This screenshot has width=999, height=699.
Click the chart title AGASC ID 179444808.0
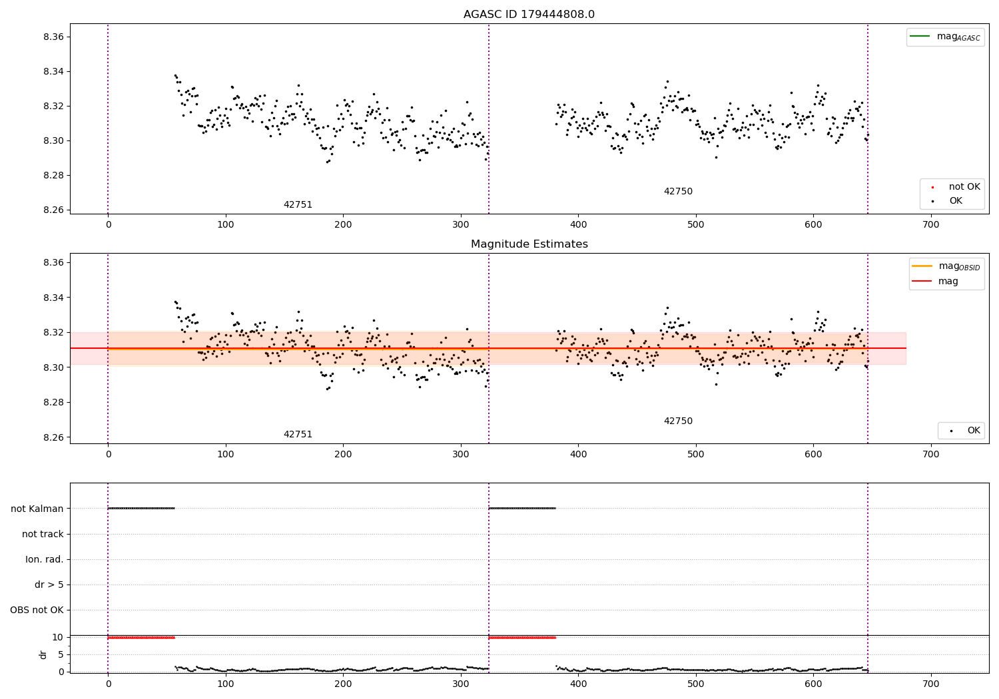coord(529,15)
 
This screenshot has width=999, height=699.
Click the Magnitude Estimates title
coord(529,244)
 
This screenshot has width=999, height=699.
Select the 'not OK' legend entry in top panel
coord(964,187)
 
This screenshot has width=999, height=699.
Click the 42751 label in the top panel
coord(298,205)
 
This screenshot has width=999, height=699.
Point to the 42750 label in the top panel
coord(678,192)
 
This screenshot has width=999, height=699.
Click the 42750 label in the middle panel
coord(678,421)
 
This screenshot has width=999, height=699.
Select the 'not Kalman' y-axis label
coord(37,509)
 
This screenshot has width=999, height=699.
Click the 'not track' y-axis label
coord(43,535)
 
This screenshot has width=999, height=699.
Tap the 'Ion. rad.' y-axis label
coord(45,560)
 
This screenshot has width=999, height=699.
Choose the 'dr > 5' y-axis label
coord(49,585)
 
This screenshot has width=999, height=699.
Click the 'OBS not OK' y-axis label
coord(37,610)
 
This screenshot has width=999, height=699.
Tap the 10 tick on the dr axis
coord(58,638)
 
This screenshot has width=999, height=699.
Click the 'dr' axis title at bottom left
coord(43,655)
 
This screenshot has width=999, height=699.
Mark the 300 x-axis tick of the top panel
coord(461,225)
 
